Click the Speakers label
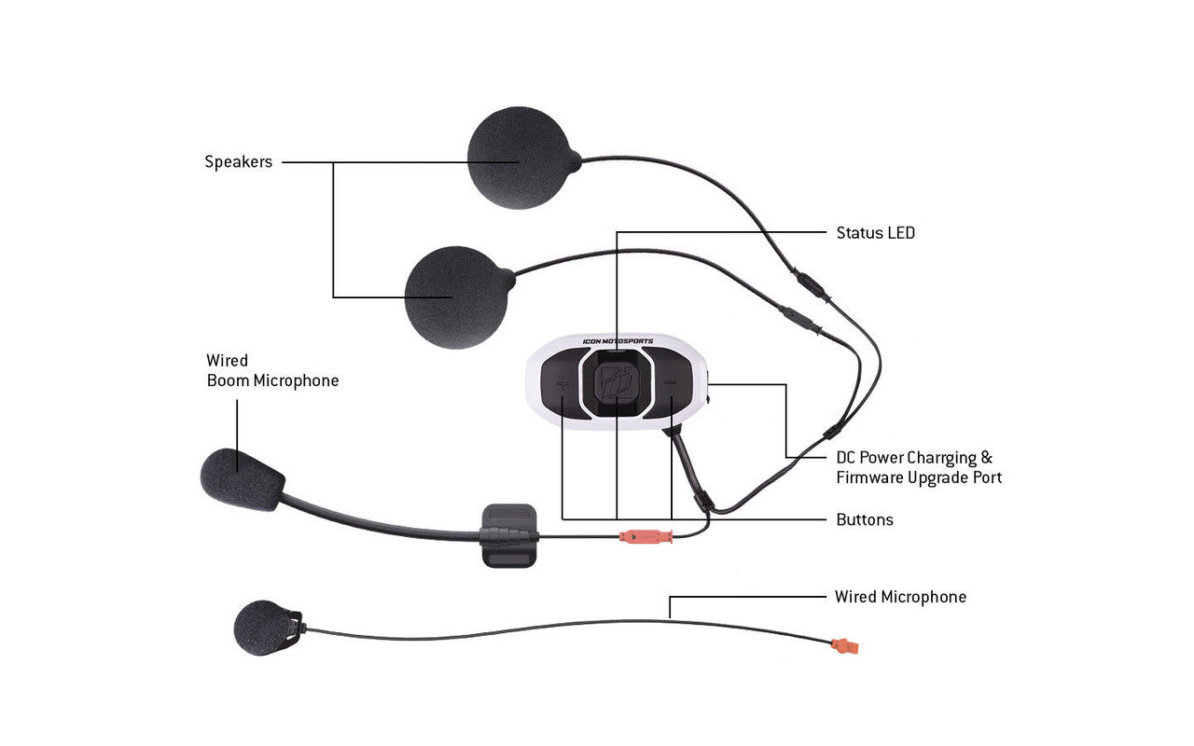pyautogui.click(x=238, y=162)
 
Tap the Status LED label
pyautogui.click(x=875, y=233)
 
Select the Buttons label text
pyautogui.click(x=864, y=519)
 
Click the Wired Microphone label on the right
pyautogui.click(x=900, y=597)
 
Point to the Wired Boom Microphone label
pyautogui.click(x=272, y=370)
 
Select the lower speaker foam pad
pyautogui.click(x=456, y=297)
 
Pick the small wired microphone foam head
pyautogui.click(x=262, y=627)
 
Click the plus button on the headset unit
pyautogui.click(x=562, y=383)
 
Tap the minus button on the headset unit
pyautogui.click(x=669, y=383)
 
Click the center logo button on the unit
pyautogui.click(x=616, y=384)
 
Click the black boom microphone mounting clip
pyautogui.click(x=508, y=534)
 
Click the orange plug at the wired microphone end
pyautogui.click(x=845, y=644)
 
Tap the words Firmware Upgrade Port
pyautogui.click(x=919, y=477)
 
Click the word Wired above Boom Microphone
pyautogui.click(x=227, y=360)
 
